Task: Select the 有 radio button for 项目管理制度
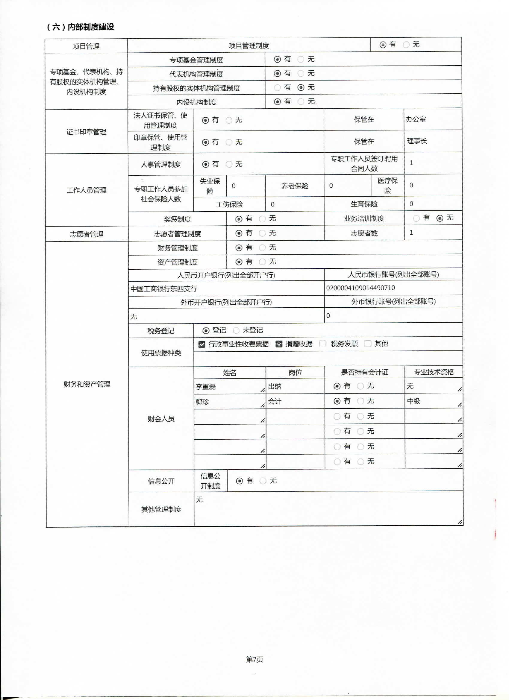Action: tap(383, 45)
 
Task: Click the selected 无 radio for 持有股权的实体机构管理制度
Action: tap(301, 88)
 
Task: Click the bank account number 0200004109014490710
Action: tap(360, 288)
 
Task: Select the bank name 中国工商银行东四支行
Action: tap(164, 288)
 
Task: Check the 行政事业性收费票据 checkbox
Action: tap(202, 344)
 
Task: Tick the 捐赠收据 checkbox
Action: tap(279, 344)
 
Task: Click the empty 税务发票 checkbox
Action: tap(322, 344)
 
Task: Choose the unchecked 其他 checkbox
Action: tap(368, 344)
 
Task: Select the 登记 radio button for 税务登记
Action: tap(206, 331)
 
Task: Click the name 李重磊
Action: tap(206, 386)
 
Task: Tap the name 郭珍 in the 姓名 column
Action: tap(202, 402)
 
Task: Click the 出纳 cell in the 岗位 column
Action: tap(275, 386)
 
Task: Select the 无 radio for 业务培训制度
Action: tap(440, 218)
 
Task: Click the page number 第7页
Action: tap(255, 659)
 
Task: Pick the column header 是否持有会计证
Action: tap(364, 372)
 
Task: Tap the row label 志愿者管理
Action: tap(87, 234)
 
